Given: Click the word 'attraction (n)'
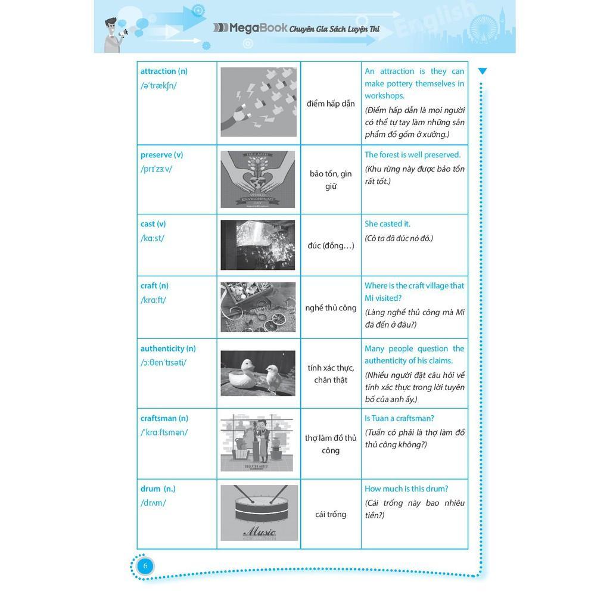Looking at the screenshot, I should pos(164,71).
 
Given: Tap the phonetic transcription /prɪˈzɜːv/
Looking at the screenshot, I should pos(156,169).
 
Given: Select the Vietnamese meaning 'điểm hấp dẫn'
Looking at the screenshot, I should pos(331,104).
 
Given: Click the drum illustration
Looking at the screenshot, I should pos(259,513).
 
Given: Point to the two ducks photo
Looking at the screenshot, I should pos(258,374).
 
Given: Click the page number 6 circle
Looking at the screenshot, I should pos(145,566).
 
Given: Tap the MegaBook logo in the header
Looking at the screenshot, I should pos(250,28).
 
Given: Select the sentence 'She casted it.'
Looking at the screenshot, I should pos(387,224).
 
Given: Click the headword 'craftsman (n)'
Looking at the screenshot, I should pos(164,419).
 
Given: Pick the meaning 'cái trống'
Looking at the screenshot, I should pos(331,515).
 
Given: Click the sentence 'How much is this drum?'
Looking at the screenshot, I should pos(406,489).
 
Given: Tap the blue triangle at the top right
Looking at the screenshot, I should pos(483,71).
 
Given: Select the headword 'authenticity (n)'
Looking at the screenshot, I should pos(168,349).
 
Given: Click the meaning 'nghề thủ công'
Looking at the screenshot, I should pos(331,308).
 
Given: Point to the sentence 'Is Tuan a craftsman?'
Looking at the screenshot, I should pos(399,419).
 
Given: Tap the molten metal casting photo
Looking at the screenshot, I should pos(258,245).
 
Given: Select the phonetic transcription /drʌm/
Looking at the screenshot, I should pos(153,503).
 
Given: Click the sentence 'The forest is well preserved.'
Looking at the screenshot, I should pos(412,155).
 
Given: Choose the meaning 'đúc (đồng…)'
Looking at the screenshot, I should pos(331,245).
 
